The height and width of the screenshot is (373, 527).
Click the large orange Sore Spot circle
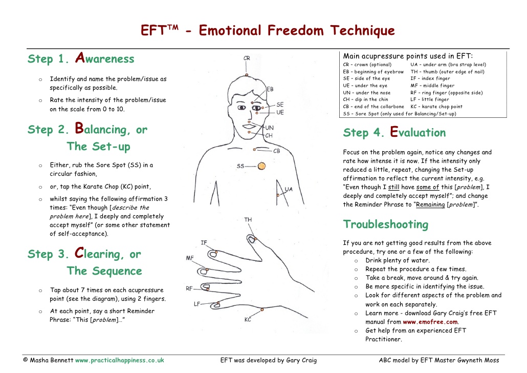click(261, 165)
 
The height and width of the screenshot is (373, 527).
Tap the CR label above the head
click(247, 58)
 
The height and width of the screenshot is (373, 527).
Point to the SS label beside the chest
click(240, 166)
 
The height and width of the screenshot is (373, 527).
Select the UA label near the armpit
click(289, 189)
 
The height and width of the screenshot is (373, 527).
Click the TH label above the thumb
click(248, 219)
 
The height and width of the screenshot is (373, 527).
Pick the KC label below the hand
click(248, 319)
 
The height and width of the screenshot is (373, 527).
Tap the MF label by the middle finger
click(189, 258)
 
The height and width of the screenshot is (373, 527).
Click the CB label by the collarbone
click(277, 151)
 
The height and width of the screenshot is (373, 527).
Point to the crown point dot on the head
click(246, 75)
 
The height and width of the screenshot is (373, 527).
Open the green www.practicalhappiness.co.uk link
click(120, 360)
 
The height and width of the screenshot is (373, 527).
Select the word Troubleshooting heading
click(386, 224)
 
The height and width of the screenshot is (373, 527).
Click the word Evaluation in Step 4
click(418, 132)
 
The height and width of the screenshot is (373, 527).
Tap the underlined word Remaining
click(430, 204)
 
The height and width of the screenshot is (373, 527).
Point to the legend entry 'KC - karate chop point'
click(436, 107)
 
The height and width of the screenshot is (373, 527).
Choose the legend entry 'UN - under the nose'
click(367, 93)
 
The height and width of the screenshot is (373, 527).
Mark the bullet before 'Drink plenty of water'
click(356, 261)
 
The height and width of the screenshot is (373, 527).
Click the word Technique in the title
click(362, 31)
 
